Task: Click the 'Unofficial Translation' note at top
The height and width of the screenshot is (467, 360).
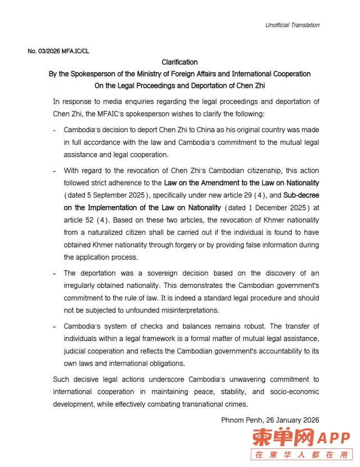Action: [292, 25]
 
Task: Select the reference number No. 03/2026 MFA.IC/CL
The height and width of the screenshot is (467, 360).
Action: [58, 51]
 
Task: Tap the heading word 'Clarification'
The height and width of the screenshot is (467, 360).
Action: [179, 62]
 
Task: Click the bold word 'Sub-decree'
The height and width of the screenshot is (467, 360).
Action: [301, 195]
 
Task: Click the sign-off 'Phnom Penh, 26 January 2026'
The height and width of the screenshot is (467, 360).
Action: [270, 420]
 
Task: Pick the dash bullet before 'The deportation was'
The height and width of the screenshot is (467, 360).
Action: [55, 273]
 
